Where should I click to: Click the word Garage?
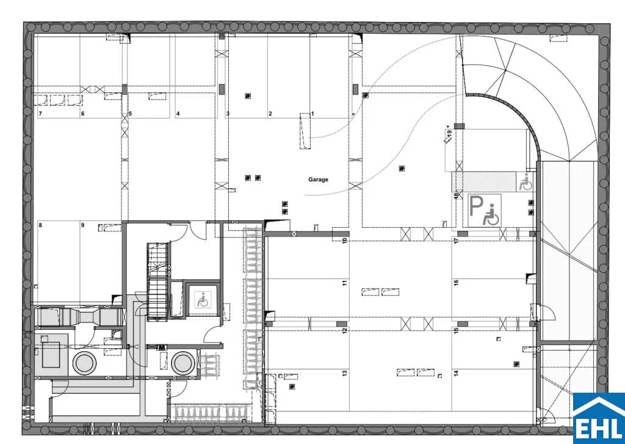click(x=318, y=180)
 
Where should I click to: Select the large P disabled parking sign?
click(x=484, y=210)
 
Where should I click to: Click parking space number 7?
click(x=40, y=114)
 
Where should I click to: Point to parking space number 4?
click(x=178, y=114)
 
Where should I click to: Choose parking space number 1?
click(x=312, y=114)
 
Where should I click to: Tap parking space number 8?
click(x=40, y=225)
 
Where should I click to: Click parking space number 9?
click(x=82, y=225)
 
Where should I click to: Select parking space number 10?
click(x=345, y=241)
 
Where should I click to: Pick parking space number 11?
click(x=345, y=282)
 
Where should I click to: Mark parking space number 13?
click(x=345, y=373)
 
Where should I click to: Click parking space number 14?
click(x=457, y=373)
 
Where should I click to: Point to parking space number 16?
click(x=457, y=282)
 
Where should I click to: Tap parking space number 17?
click(x=457, y=241)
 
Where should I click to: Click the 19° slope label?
click(x=449, y=134)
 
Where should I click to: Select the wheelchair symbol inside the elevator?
click(x=203, y=300)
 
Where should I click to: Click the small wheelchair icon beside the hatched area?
click(x=526, y=182)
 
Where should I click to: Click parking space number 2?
click(x=270, y=114)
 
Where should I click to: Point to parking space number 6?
click(x=82, y=114)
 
